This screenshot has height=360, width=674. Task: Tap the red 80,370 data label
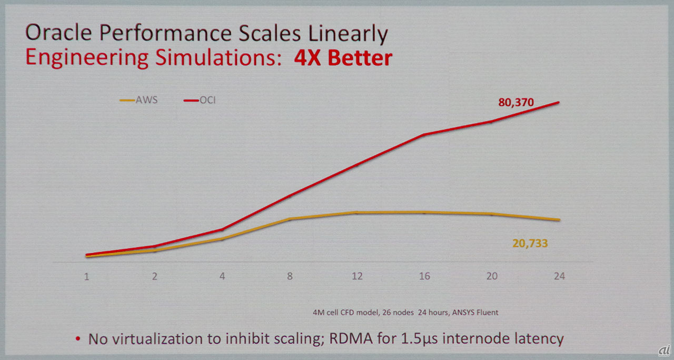tap(517, 103)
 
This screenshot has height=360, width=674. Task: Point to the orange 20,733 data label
tap(530, 243)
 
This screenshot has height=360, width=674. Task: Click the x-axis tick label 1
tap(86, 276)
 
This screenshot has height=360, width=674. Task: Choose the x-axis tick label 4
tap(222, 276)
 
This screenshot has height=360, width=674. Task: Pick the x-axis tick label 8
tap(290, 276)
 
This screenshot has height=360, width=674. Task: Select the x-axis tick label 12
tap(357, 276)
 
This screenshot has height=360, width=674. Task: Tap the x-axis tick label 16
tap(424, 276)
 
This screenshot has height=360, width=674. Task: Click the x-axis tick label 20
tap(492, 276)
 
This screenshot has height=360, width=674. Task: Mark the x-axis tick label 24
tap(559, 276)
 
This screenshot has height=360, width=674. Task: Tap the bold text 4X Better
tap(343, 57)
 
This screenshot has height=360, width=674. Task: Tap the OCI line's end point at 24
tap(559, 102)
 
